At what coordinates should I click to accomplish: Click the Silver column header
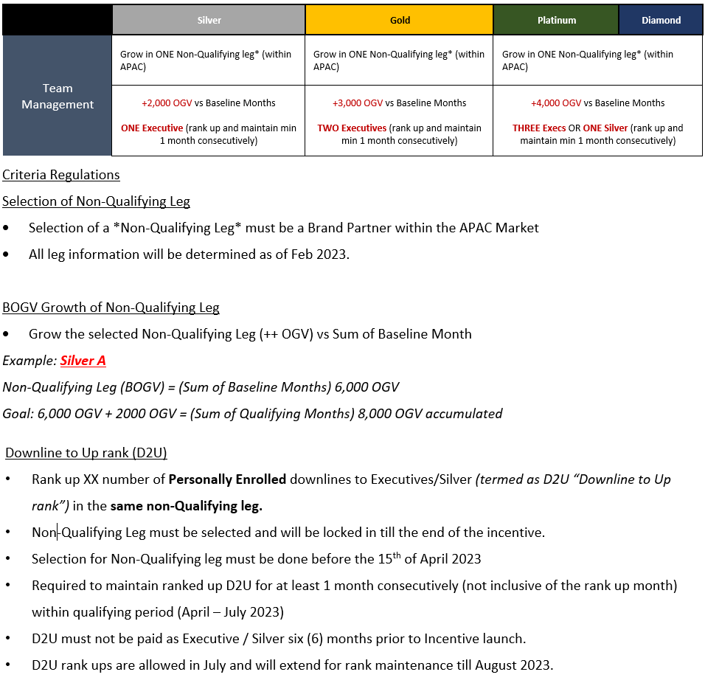coord(209,20)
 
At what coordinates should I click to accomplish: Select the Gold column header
coord(400,20)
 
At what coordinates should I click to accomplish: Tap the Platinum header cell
coord(557,20)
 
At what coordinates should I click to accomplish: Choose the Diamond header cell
coord(661,20)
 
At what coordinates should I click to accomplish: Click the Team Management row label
coord(58,97)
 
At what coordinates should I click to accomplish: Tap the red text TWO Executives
coord(352,128)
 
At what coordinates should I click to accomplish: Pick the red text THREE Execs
coord(539,128)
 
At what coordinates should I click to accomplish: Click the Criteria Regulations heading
coord(60,175)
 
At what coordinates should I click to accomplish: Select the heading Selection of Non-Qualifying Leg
coord(96,201)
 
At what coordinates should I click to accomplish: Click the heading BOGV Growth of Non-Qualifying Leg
coord(111,308)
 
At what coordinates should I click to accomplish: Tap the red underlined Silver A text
coord(83,361)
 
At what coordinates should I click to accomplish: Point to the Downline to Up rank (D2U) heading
coord(91,453)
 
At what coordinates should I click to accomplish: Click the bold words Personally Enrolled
coord(227,479)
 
